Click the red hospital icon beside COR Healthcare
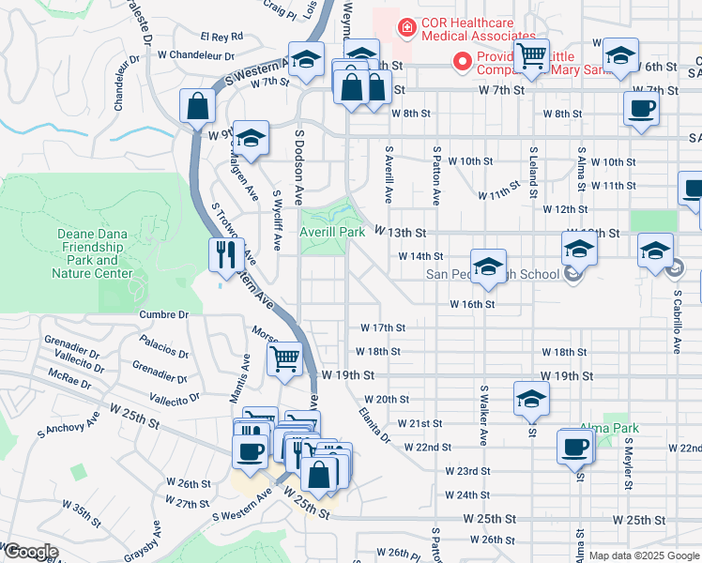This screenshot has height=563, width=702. [x=406, y=28]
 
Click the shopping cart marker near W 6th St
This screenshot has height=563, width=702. [x=531, y=57]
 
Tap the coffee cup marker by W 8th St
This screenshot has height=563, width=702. [x=642, y=108]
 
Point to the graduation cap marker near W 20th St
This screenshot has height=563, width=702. [x=531, y=399]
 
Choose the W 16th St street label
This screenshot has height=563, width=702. [x=471, y=304]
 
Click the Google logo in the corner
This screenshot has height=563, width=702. [x=30, y=552]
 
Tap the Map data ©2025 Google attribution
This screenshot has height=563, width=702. [x=645, y=555]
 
